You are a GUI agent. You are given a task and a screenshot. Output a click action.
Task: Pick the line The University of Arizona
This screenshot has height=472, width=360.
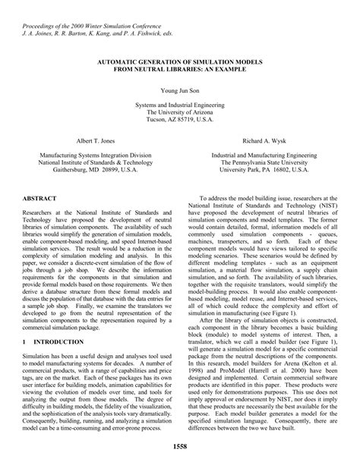180,112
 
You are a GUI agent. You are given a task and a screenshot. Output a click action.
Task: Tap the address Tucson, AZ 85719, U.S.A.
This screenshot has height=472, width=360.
180,120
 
